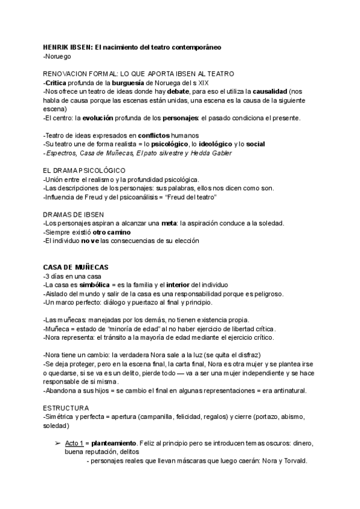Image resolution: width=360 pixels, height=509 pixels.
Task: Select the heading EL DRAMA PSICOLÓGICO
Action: pyautogui.click(x=84, y=171)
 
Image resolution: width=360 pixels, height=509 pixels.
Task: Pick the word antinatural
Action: pyautogui.click(x=286, y=391)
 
